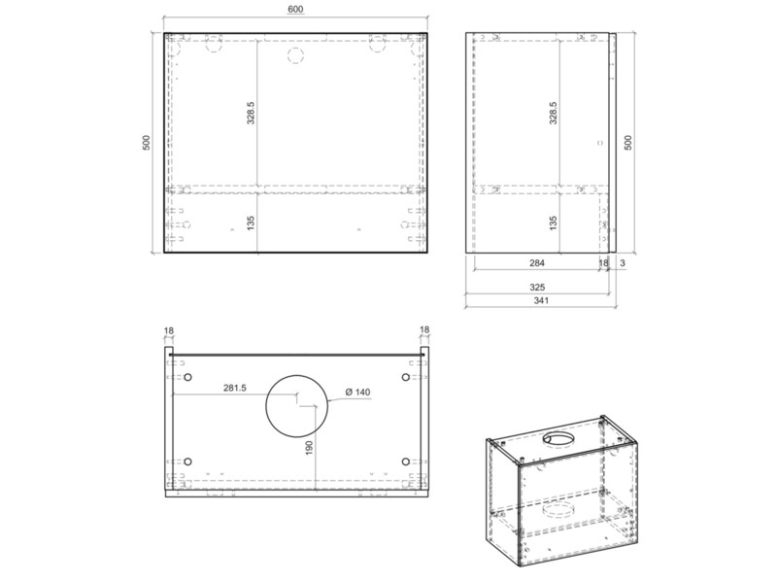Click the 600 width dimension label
(295, 10)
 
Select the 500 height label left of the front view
(147, 143)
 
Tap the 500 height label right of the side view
(627, 143)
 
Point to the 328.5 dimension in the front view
(251, 113)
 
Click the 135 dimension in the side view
(554, 222)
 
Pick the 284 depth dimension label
(537, 263)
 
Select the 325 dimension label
(537, 287)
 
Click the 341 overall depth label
(541, 300)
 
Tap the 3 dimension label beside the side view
(623, 263)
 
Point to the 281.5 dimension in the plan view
(234, 389)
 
